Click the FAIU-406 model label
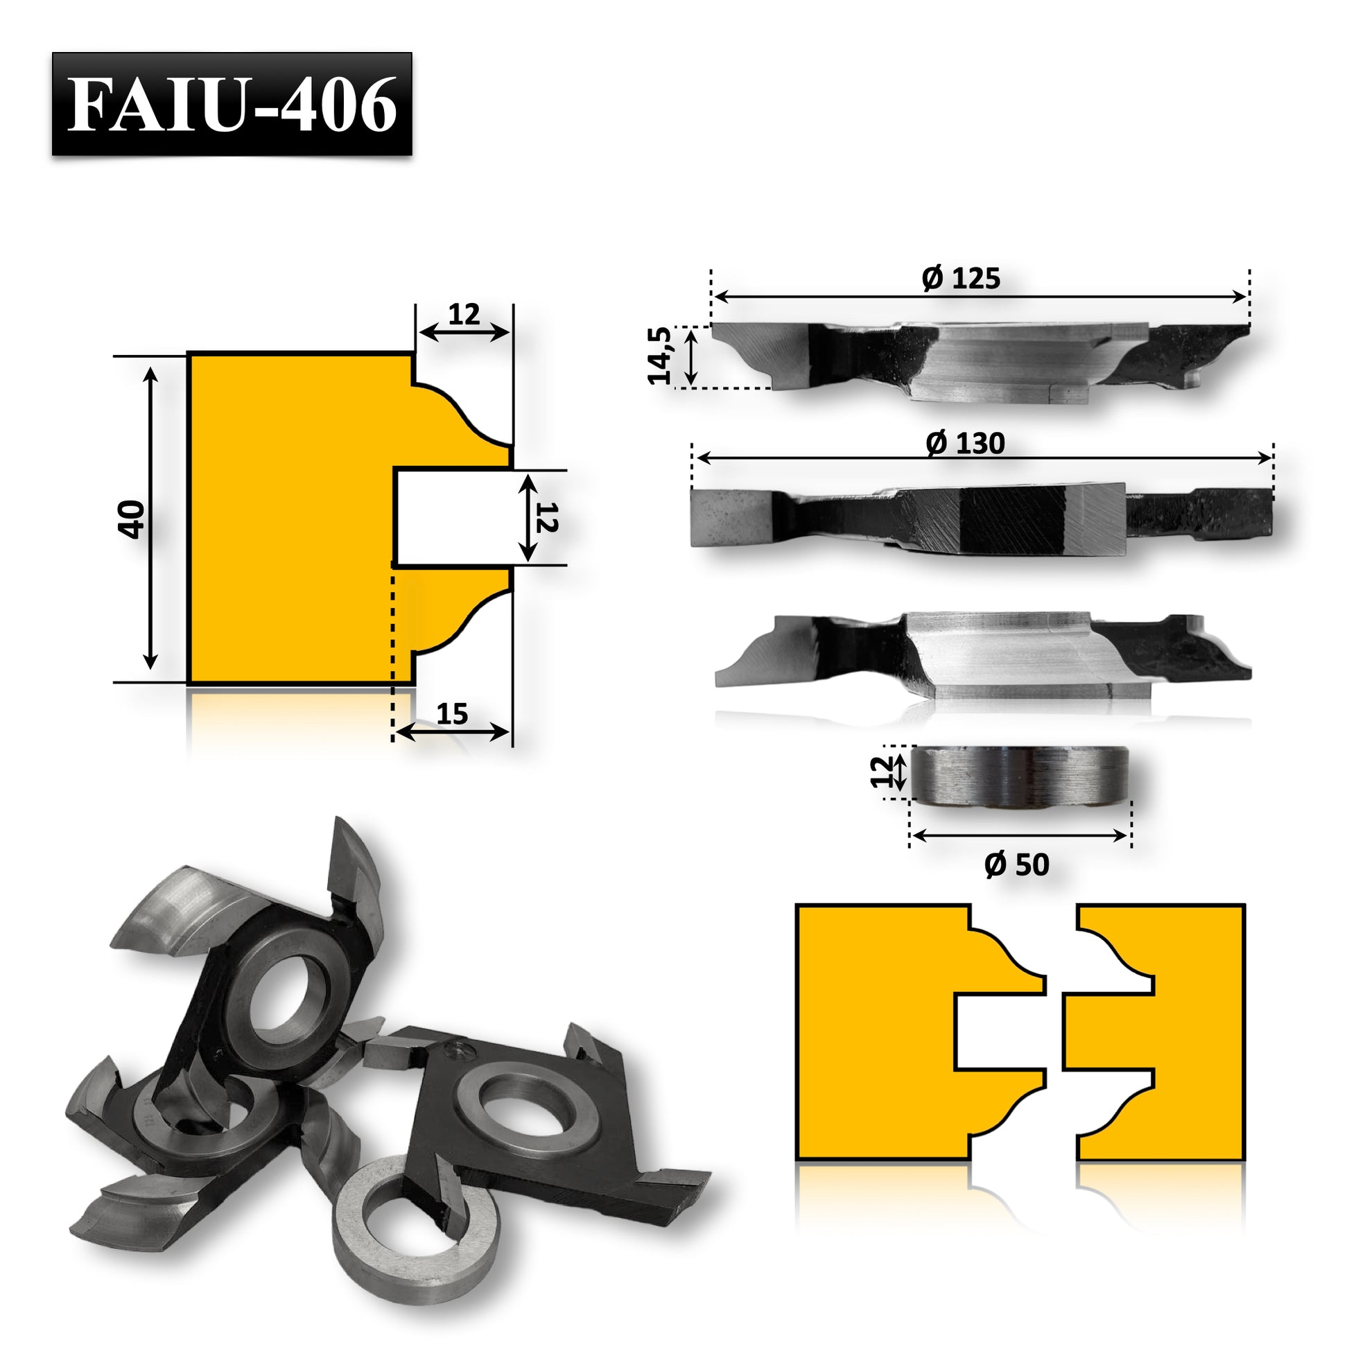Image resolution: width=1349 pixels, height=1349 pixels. (x=232, y=104)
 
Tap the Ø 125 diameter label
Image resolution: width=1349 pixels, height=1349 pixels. (x=961, y=279)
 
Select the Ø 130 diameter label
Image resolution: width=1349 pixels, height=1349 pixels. (x=965, y=444)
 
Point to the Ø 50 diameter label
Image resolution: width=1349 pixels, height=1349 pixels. (x=1017, y=865)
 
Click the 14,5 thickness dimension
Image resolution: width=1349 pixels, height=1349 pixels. (x=660, y=356)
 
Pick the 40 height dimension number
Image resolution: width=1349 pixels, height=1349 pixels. (x=131, y=519)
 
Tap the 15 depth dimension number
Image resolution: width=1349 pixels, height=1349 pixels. (x=452, y=713)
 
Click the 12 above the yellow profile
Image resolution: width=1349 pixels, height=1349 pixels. (x=464, y=315)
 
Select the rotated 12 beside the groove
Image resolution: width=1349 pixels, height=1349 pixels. (x=547, y=517)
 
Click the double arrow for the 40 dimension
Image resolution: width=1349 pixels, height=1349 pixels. (x=150, y=518)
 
